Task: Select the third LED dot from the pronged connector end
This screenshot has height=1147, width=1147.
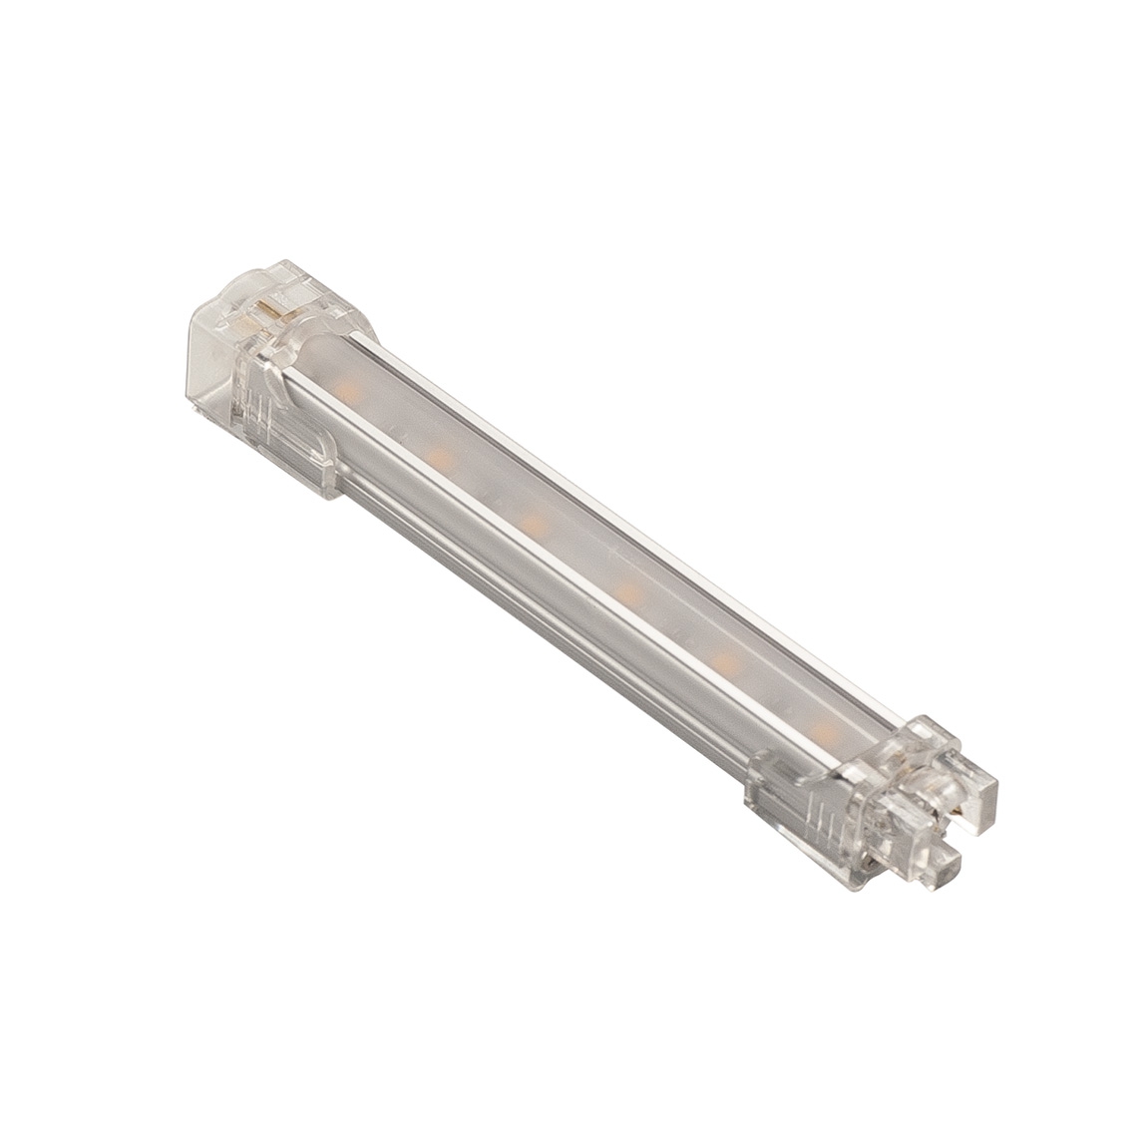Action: pyautogui.click(x=628, y=592)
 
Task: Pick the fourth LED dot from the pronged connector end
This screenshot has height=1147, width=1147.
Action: pyautogui.click(x=530, y=521)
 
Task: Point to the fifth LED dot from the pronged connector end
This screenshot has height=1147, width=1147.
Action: pyautogui.click(x=436, y=454)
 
